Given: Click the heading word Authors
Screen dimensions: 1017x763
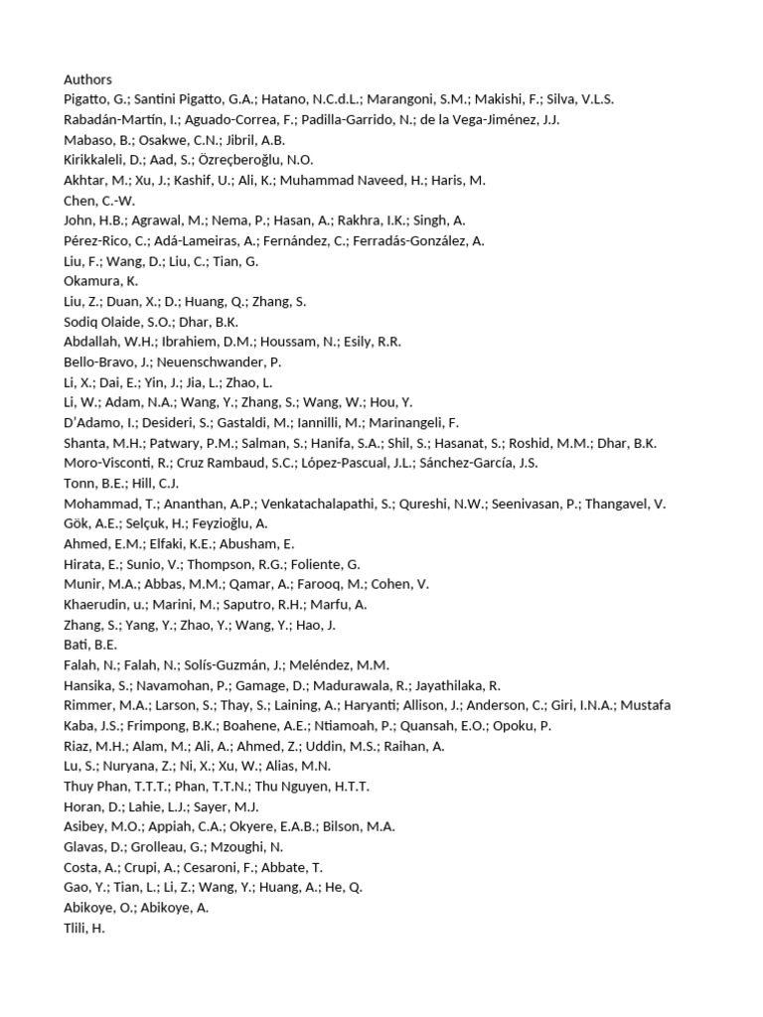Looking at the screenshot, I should [87, 79].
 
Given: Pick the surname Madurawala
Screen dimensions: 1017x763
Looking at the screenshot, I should [357, 685].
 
